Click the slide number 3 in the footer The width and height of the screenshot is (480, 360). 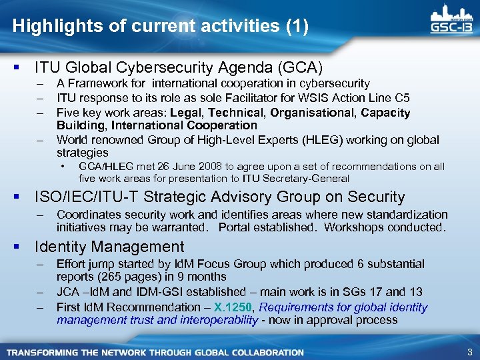(x=469, y=352)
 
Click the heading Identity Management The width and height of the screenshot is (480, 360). (x=109, y=247)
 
